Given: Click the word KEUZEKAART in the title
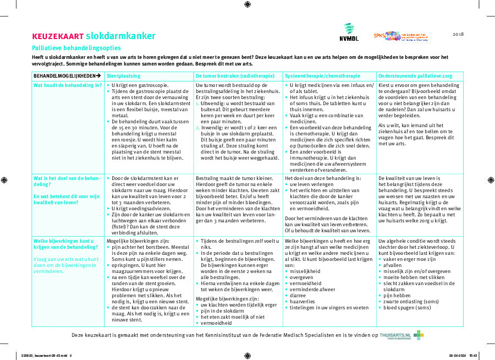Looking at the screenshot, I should (x=58, y=37).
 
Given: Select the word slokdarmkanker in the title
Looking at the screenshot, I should (x=120, y=36).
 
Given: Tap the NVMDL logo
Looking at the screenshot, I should (x=349, y=33).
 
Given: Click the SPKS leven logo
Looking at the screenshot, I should (x=400, y=36).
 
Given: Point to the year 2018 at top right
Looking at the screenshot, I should (x=458, y=34).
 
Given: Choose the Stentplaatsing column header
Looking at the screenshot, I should (x=123, y=75).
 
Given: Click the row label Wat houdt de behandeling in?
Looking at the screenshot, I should (x=68, y=85).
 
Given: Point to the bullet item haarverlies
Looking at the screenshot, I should (x=303, y=301).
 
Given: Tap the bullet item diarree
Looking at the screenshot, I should (x=298, y=295).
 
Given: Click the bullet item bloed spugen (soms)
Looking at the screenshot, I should (x=407, y=307).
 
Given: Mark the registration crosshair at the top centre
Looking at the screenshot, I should (x=247, y=4).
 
